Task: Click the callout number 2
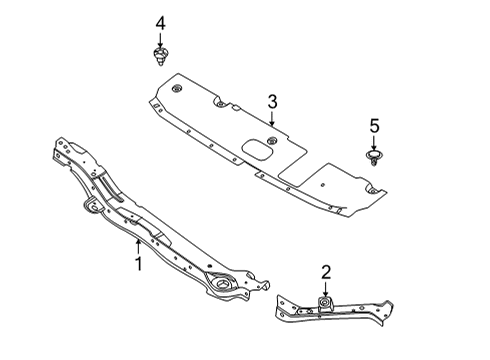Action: pos(325,271)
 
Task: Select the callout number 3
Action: pos(271,101)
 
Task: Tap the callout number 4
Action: pos(159,22)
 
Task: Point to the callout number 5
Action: pos(375,126)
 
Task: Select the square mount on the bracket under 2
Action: pos(325,304)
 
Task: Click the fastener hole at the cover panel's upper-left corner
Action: pos(176,91)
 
